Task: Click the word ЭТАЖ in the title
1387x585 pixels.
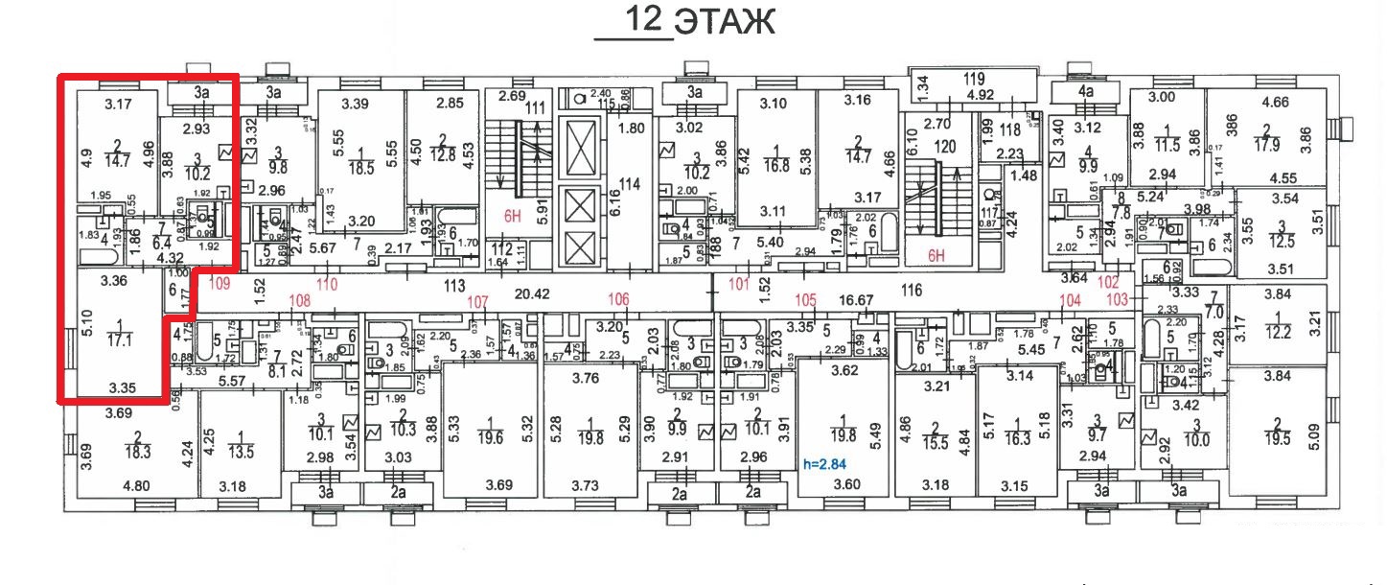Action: pyautogui.click(x=725, y=21)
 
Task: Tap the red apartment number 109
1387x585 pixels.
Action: pyautogui.click(x=220, y=284)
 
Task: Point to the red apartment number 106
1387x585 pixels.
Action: pyautogui.click(x=618, y=300)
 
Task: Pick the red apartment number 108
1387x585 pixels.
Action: pyautogui.click(x=301, y=300)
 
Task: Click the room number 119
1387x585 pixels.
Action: pyautogui.click(x=974, y=80)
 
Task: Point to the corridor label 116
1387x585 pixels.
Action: pyautogui.click(x=911, y=289)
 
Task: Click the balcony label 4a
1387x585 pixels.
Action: pyautogui.click(x=1086, y=92)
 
